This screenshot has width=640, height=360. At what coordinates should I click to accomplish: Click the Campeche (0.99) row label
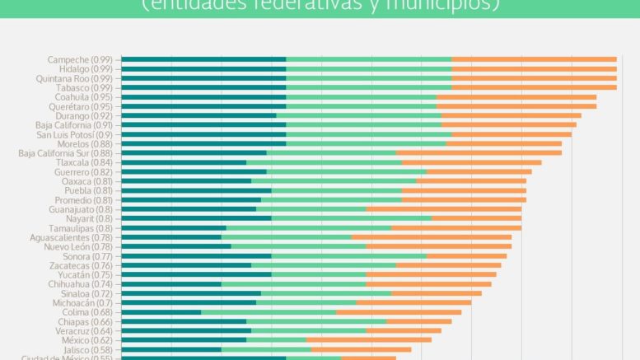tap(82, 59)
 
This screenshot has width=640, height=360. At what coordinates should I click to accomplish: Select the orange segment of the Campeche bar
tap(534, 59)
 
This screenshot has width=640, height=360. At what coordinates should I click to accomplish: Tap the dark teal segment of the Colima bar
tap(161, 312)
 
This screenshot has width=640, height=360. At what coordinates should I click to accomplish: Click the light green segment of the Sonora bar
tap(348, 256)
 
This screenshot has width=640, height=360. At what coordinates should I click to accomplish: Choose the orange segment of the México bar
tap(368, 340)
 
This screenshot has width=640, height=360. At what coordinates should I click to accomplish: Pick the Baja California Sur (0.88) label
tap(65, 153)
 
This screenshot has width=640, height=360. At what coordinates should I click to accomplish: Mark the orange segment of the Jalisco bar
tap(361, 349)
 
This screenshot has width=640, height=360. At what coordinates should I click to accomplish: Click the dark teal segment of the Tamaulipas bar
tap(174, 228)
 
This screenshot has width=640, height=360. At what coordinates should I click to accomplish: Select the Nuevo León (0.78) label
tap(78, 246)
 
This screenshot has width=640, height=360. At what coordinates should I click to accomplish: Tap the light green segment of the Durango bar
tap(359, 115)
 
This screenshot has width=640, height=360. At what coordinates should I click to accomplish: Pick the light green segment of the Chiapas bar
tap(315, 321)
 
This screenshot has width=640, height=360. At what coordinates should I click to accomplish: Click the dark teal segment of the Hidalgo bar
tap(203, 68)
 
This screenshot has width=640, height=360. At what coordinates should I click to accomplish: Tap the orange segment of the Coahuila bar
tap(516, 96)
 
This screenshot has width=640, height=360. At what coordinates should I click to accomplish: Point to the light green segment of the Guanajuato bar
tap(311, 209)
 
